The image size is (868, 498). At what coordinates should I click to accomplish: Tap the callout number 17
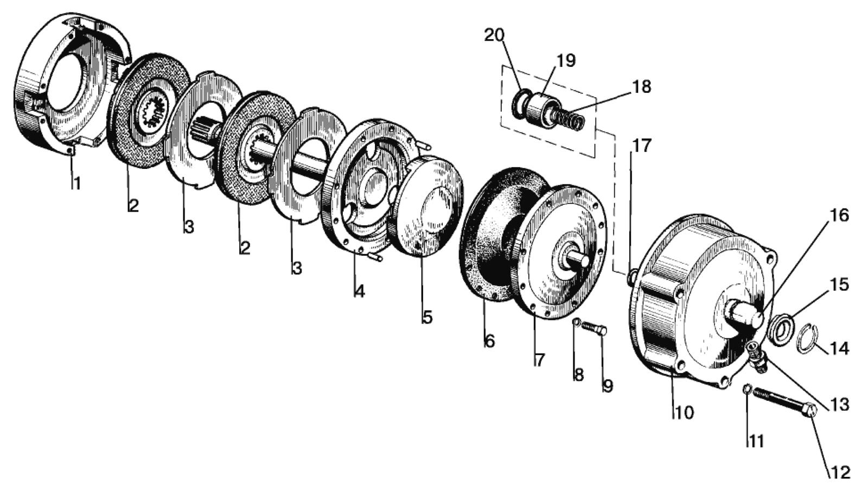[x=641, y=146]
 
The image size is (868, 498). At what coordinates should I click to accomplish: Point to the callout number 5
[x=427, y=317]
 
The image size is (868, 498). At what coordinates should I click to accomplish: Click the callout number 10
[x=684, y=413]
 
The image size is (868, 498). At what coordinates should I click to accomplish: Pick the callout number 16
[x=838, y=216]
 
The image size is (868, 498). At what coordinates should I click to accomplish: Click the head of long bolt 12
[x=810, y=409]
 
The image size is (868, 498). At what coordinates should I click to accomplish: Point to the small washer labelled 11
[x=747, y=389]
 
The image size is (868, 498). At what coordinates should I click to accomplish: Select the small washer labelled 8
[x=577, y=322]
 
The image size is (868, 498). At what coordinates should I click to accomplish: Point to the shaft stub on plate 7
[x=579, y=258]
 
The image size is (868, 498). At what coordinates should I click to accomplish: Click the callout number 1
[x=76, y=184]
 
